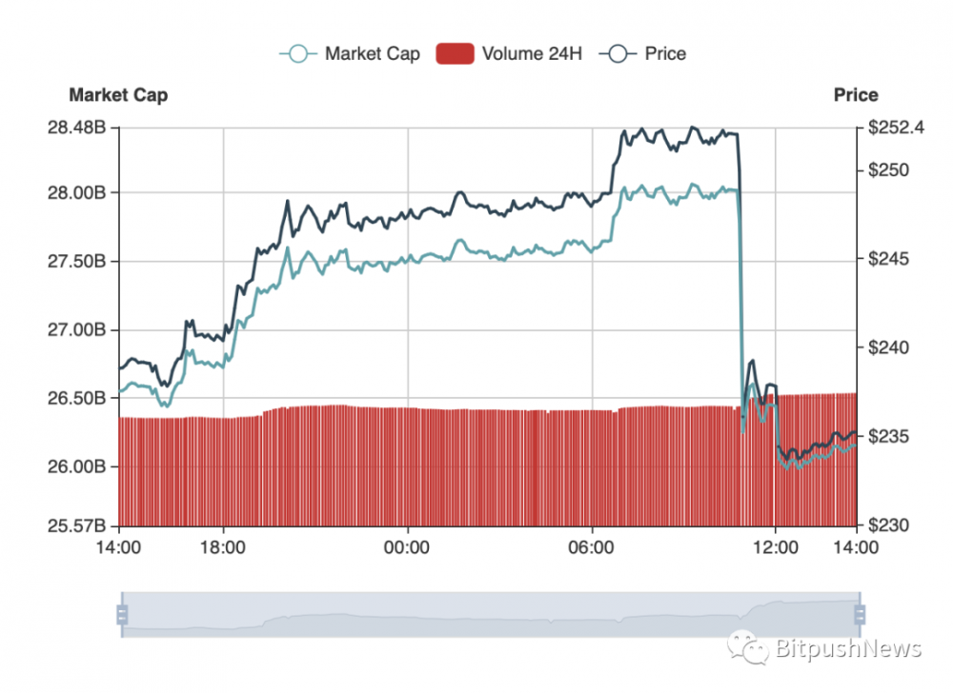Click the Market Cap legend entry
tap(350, 53)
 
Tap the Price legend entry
tap(643, 53)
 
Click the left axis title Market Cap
tap(118, 95)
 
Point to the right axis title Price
tap(855, 95)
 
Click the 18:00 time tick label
tap(223, 548)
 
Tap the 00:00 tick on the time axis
tap(408, 548)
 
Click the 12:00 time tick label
tap(776, 548)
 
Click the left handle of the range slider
tap(122, 614)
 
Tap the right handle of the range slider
tap(859, 614)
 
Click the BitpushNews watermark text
tap(846, 650)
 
